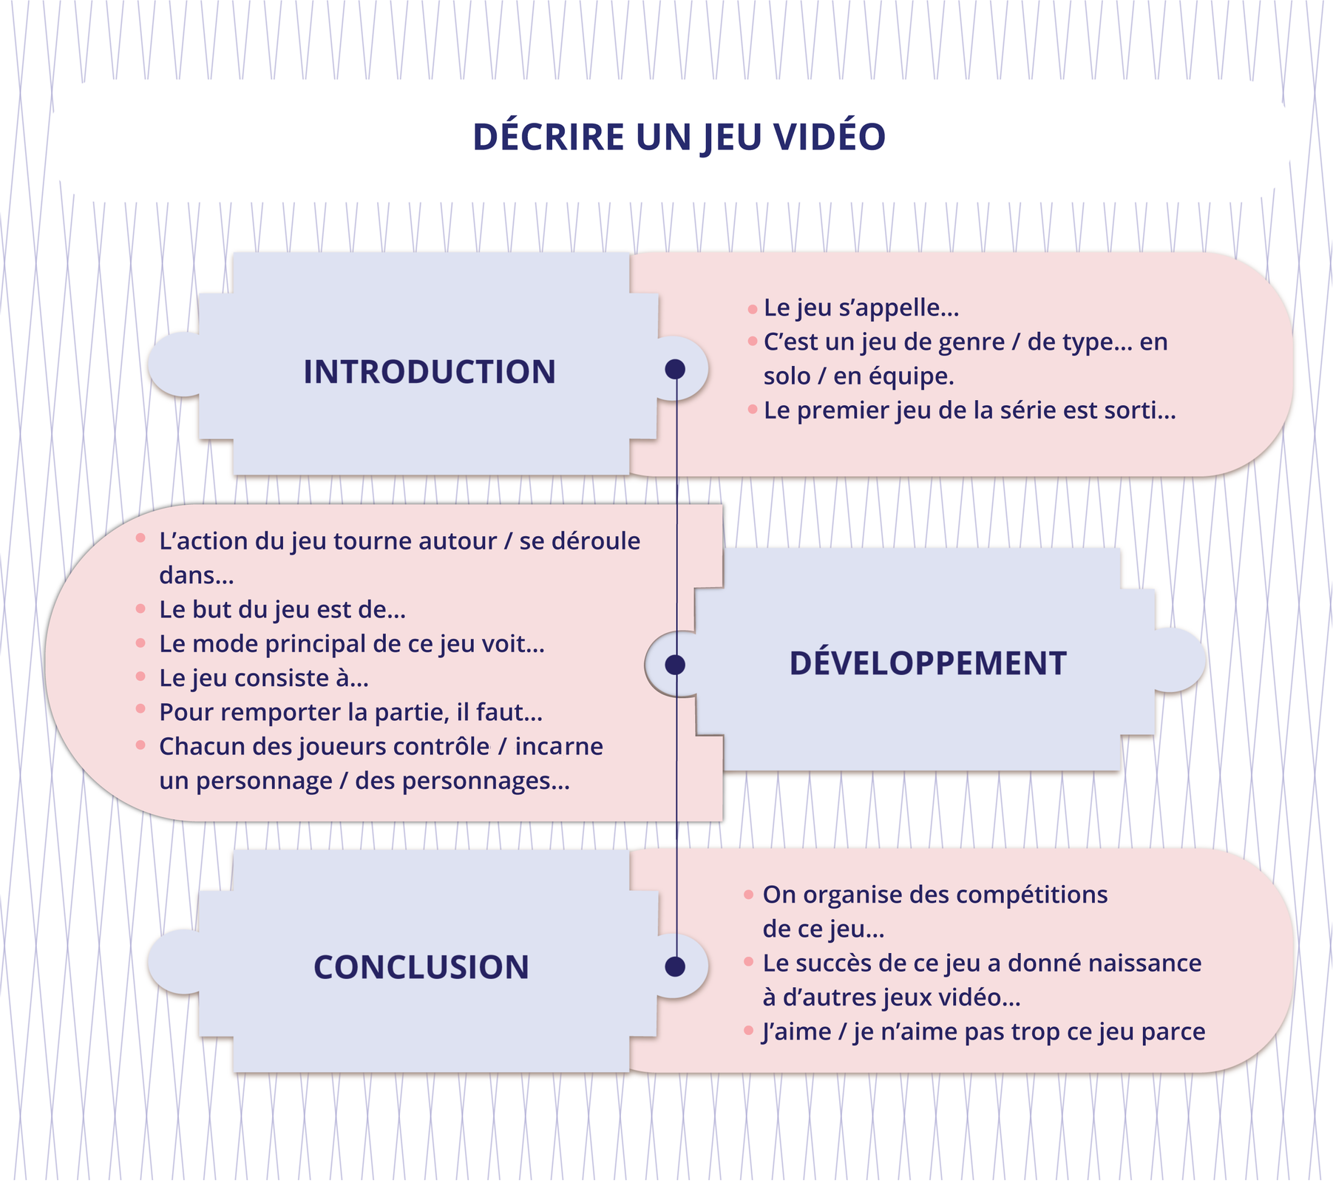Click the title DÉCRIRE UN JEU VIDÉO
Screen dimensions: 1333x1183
679,137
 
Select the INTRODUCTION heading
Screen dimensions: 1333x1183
430,372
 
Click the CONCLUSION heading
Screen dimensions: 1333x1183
421,967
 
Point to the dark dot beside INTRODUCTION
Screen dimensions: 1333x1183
675,369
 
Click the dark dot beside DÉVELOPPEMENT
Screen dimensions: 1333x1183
675,665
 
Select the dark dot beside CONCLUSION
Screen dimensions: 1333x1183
675,966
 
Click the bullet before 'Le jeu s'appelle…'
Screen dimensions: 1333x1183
753,309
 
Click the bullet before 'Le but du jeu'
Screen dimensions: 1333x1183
140,609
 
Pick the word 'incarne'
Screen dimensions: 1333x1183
559,747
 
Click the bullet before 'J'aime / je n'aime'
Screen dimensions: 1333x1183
748,1031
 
